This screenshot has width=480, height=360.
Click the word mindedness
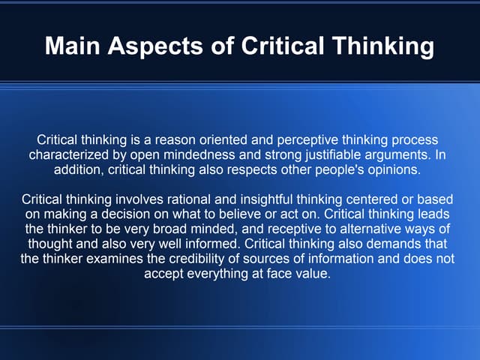click(x=193, y=155)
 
